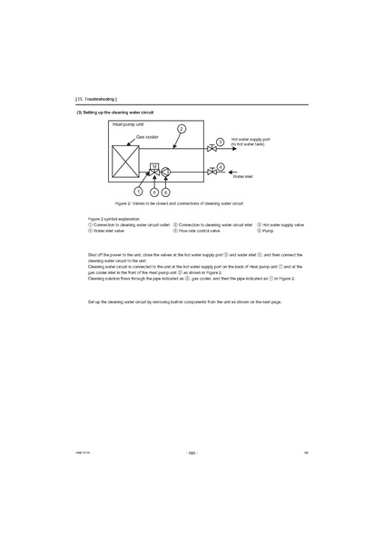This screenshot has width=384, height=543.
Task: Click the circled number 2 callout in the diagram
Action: (181, 130)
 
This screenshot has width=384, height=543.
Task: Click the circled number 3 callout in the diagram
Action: (222, 143)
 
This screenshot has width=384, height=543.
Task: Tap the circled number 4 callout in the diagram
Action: (222, 167)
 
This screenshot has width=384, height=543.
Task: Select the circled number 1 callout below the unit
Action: (137, 191)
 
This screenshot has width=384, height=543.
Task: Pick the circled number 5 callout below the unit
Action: (154, 192)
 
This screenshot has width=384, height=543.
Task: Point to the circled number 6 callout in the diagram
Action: (165, 192)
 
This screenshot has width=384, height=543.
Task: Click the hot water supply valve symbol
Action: (211, 146)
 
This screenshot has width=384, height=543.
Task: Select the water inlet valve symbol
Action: (211, 171)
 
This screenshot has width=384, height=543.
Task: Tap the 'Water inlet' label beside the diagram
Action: (242, 176)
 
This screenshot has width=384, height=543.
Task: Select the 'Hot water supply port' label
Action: (251, 139)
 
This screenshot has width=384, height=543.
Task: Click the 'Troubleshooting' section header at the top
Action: (96, 97)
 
